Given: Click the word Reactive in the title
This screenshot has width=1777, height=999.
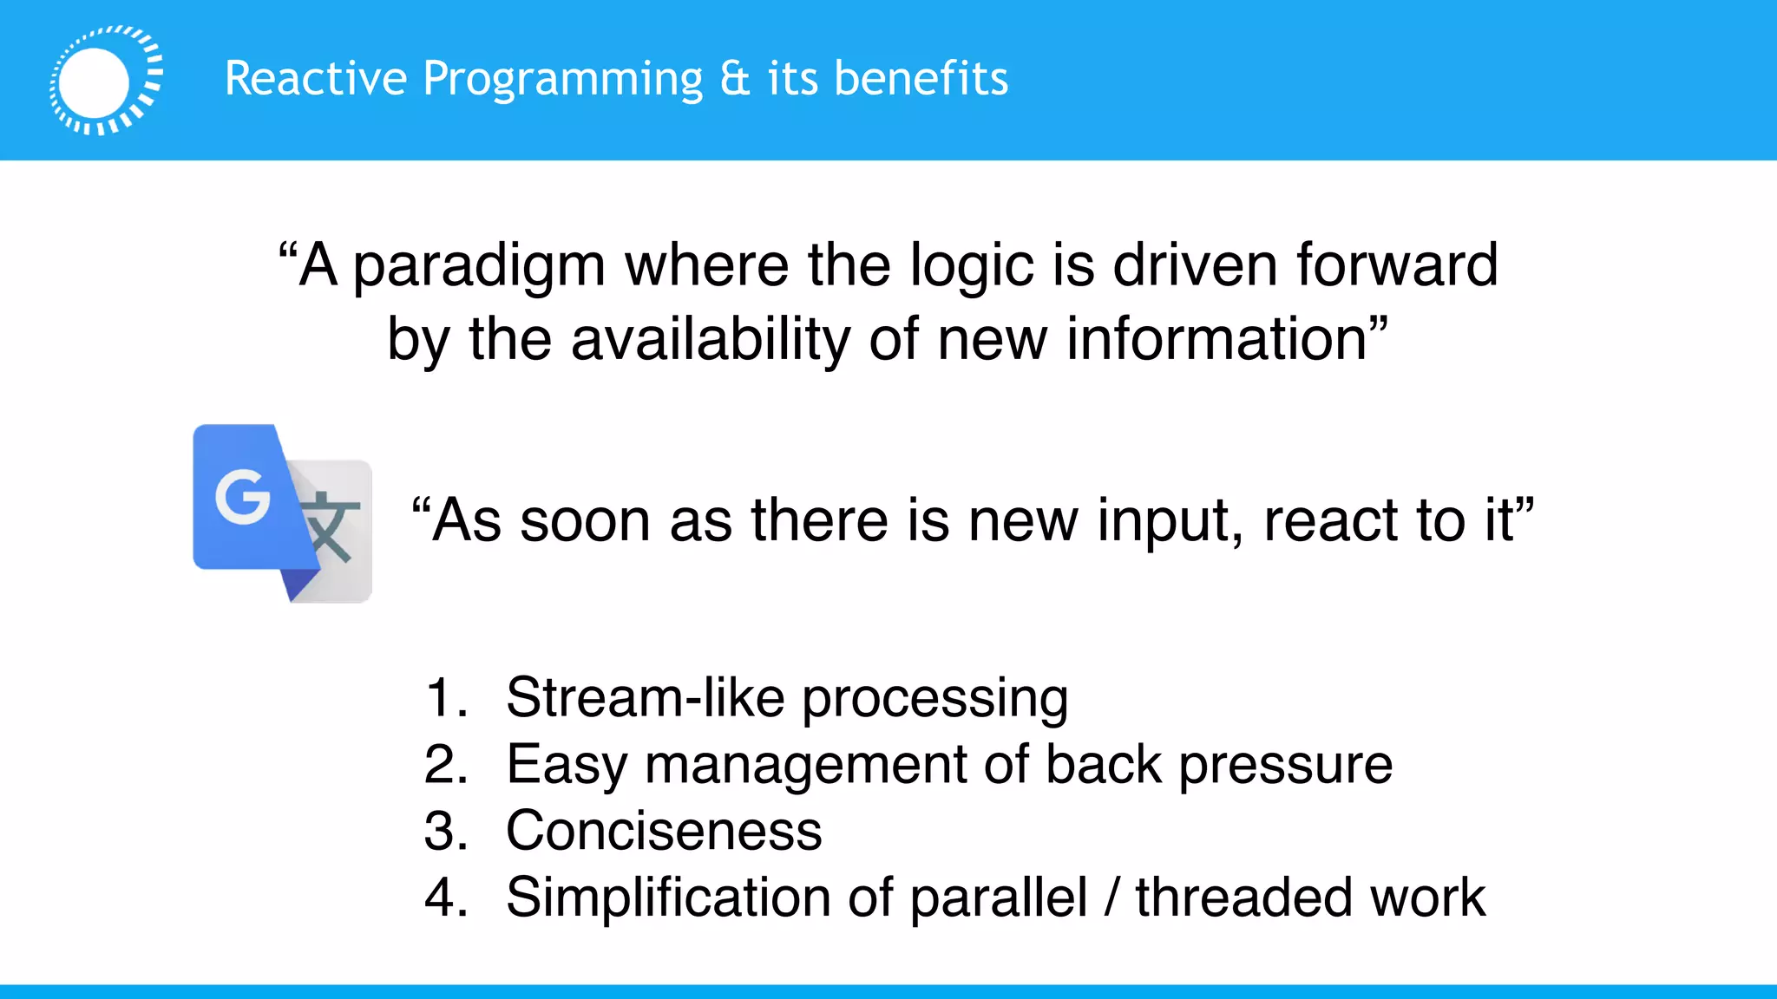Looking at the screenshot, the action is coord(316,78).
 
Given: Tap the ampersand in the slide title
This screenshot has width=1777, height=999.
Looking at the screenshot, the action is coord(734,78).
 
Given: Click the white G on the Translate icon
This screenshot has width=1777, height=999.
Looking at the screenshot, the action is coord(242,497).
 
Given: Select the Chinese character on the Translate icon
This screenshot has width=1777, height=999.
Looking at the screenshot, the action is coord(329,527).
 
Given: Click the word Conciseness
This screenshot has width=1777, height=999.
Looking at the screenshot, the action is coord(664,831).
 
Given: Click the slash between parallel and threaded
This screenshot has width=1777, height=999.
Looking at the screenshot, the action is coord(1112,897).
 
